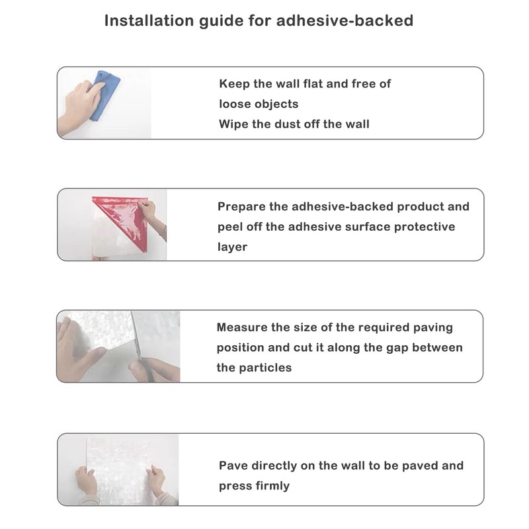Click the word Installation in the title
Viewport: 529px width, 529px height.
coord(149,20)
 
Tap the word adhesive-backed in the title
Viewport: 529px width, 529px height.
coord(345,20)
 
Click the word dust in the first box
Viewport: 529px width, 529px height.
coord(288,124)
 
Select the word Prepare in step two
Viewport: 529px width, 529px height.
coord(241,207)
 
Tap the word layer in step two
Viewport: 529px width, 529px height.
coord(233,247)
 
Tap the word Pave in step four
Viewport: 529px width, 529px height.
coord(233,466)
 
